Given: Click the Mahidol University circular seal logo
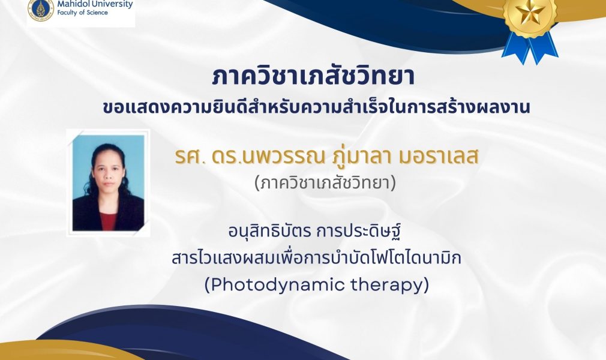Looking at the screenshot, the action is [40, 8].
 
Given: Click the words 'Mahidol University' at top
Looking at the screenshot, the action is [95, 4].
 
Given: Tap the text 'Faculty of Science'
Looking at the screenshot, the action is [83, 13].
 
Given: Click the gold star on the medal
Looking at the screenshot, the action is [530, 11].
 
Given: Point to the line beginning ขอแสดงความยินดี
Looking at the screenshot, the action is [316, 106].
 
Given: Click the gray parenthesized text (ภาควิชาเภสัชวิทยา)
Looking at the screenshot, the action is [325, 182].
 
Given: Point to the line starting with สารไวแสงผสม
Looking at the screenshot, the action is [317, 258].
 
